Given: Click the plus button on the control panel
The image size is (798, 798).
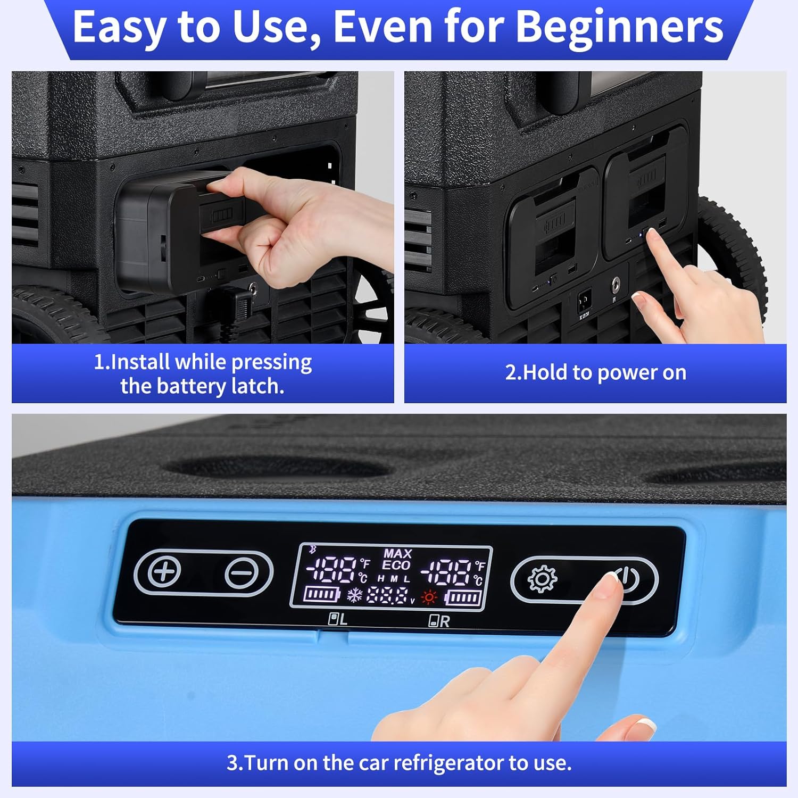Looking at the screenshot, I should pyautogui.click(x=164, y=572).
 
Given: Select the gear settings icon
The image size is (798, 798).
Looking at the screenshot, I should pyautogui.click(x=542, y=579).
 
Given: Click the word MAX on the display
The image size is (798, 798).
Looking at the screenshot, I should pyautogui.click(x=397, y=554).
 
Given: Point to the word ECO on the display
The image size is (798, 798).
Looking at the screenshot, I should pyautogui.click(x=396, y=566).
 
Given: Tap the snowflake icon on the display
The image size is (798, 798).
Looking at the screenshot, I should pyautogui.click(x=354, y=595).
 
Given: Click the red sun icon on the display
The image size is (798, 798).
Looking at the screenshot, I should pyautogui.click(x=429, y=597).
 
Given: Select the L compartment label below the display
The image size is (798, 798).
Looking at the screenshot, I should pyautogui.click(x=338, y=619).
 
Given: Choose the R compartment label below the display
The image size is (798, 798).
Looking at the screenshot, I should pyautogui.click(x=439, y=621).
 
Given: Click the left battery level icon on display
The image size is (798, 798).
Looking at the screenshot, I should pyautogui.click(x=321, y=594).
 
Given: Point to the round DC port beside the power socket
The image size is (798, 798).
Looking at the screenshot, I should pyautogui.click(x=617, y=283).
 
